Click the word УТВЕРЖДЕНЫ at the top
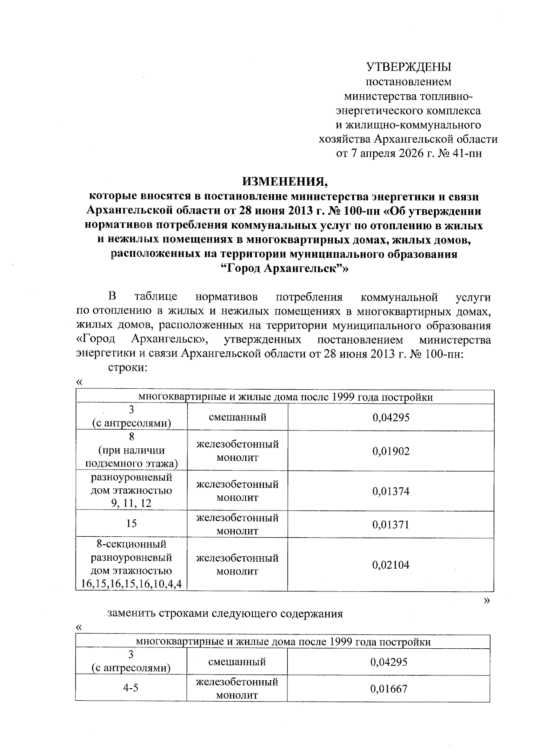(x=408, y=67)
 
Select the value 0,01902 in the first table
(x=390, y=451)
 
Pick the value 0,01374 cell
(x=390, y=491)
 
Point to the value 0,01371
(x=390, y=525)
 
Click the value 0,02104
(x=390, y=565)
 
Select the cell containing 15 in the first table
(x=131, y=523)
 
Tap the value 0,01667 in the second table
(x=388, y=689)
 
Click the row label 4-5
(x=131, y=688)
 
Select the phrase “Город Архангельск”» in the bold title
(x=284, y=269)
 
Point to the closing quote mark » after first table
(x=487, y=600)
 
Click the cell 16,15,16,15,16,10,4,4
(x=131, y=584)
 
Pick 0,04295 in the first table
(x=390, y=417)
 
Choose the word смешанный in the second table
(x=237, y=662)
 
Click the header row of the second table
(x=282, y=642)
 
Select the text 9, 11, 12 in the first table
(x=131, y=503)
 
